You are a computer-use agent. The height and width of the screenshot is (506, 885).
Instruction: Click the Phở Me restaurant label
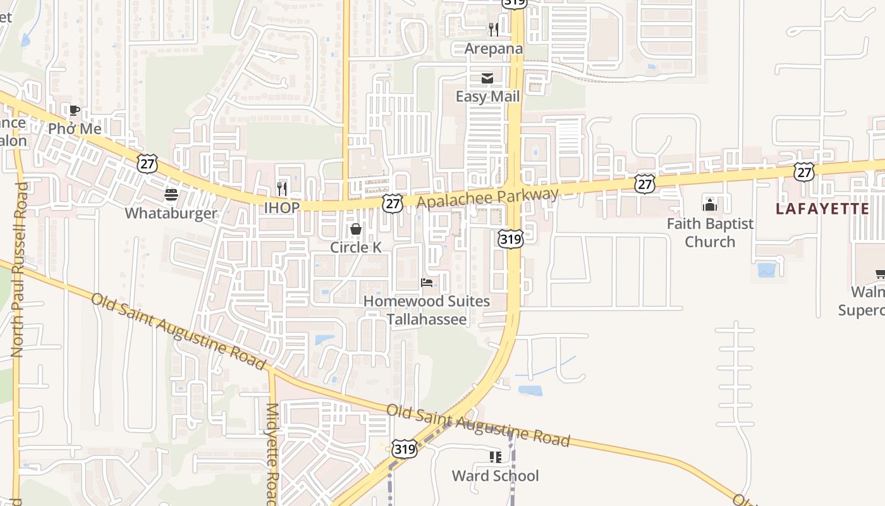pyautogui.click(x=75, y=129)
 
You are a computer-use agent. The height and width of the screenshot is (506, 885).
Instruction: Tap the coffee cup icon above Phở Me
pyautogui.click(x=74, y=111)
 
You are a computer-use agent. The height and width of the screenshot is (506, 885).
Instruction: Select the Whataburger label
pyautogui.click(x=171, y=213)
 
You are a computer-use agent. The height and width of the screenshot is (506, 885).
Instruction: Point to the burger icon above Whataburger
pyautogui.click(x=171, y=195)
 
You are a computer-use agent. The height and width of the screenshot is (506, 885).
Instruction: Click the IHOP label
pyautogui.click(x=281, y=208)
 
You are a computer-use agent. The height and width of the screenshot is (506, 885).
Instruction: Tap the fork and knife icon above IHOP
pyautogui.click(x=282, y=188)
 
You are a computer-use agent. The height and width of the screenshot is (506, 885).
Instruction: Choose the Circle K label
pyautogui.click(x=356, y=247)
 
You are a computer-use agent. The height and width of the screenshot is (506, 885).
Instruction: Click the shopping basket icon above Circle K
pyautogui.click(x=356, y=229)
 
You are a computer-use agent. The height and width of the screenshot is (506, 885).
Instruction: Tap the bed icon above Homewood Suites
pyautogui.click(x=427, y=283)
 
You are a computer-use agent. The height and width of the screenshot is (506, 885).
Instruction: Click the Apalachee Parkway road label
pyautogui.click(x=488, y=197)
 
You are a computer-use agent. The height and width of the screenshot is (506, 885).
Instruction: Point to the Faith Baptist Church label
pyautogui.click(x=710, y=233)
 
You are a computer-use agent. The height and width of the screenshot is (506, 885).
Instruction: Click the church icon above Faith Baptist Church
pyautogui.click(x=710, y=205)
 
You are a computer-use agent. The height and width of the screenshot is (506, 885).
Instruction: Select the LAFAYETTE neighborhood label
pyautogui.click(x=822, y=209)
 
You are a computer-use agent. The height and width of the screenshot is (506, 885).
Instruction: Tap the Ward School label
pyautogui.click(x=495, y=476)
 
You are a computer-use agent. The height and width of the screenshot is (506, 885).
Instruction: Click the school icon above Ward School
pyautogui.click(x=495, y=457)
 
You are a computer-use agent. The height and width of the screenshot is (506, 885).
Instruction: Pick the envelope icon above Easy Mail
pyautogui.click(x=487, y=78)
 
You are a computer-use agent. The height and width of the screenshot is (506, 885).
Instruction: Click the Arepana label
pyautogui.click(x=494, y=49)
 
